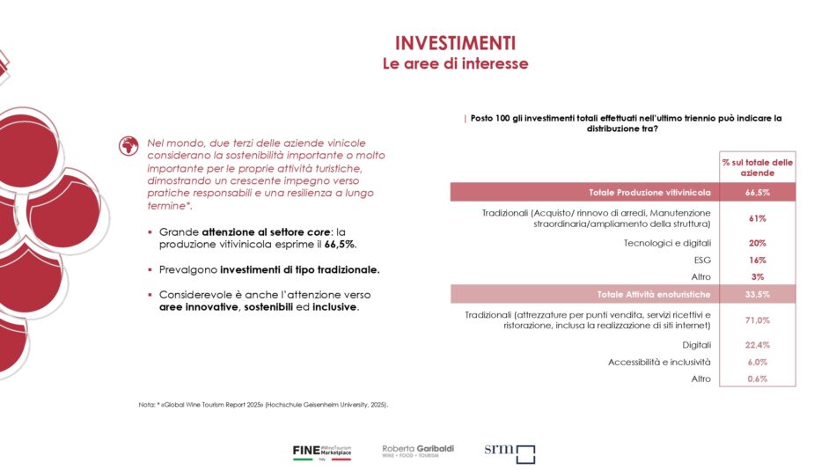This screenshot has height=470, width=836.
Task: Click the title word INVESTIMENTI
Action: pos(454,44)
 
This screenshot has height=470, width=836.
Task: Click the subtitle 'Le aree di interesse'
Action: pos(454,64)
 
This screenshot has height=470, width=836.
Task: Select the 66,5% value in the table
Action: pos(757,192)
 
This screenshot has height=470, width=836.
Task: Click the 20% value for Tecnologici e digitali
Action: pos(757,243)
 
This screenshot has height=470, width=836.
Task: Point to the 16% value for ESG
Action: pos(757,260)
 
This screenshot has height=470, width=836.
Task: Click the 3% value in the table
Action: pos(757,276)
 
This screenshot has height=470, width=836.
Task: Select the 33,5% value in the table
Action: pos(757,294)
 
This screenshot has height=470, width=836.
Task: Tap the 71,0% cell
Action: pos(757,320)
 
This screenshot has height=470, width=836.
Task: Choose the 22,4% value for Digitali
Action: pos(757,345)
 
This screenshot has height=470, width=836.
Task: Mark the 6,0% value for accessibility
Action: pos(757,362)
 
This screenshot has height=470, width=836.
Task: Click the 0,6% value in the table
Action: pos(757,378)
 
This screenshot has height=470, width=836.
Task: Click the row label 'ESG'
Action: pos(701,260)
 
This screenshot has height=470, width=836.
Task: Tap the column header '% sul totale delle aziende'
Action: pos(757,167)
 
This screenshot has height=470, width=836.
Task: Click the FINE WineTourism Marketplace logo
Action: pos(322,452)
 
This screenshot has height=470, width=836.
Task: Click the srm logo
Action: pos(510,452)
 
